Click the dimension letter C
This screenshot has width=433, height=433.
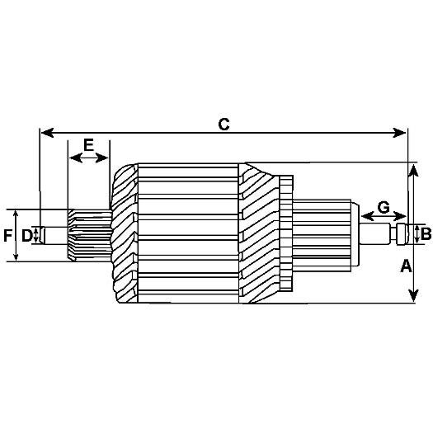tap(224, 125)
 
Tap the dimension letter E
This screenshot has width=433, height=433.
tap(88, 145)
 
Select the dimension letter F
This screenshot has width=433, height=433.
tap(7, 236)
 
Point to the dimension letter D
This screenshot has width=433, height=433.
tap(27, 236)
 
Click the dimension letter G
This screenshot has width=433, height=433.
tap(384, 207)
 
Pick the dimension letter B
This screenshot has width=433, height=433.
tap(426, 234)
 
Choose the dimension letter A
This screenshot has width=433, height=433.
tap(406, 266)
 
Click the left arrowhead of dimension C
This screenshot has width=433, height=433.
tap(47, 133)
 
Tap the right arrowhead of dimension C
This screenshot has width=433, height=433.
tap(399, 133)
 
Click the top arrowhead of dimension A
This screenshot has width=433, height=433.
tap(413, 170)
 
